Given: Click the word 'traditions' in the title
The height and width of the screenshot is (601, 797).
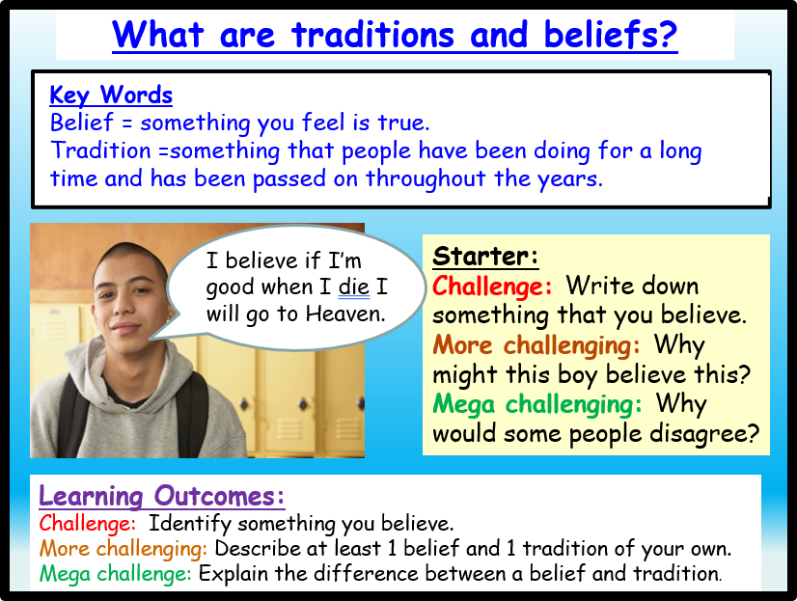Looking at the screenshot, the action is pos(373,35).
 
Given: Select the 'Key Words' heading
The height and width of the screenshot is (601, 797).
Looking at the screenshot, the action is pos(111,95).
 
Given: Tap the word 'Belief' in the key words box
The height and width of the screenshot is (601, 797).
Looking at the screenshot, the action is pos(82,123).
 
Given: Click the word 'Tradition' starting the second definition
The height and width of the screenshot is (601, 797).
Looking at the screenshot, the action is pos(100,150).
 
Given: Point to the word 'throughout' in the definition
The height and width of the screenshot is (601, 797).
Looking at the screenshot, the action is pos(426,179).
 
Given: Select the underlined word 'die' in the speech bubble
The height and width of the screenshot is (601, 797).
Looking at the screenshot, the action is pos(354,287).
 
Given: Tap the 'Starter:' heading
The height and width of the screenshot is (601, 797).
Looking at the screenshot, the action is pos(485,256).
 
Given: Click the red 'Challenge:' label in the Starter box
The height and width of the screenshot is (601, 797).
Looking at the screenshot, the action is pos(492,286).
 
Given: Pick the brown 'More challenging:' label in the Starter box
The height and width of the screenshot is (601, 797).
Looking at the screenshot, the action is pos(536,345).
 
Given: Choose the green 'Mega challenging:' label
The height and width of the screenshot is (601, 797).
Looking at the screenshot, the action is pos(536,405).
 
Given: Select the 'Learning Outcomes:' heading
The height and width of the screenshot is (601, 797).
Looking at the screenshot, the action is pos(162,496).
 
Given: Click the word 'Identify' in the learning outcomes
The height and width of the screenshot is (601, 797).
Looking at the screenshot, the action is pos(189,524).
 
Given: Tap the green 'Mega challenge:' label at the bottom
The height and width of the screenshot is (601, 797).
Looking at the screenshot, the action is pos(116,574).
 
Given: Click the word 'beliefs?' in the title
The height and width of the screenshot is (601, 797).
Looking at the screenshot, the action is pos(611,35).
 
